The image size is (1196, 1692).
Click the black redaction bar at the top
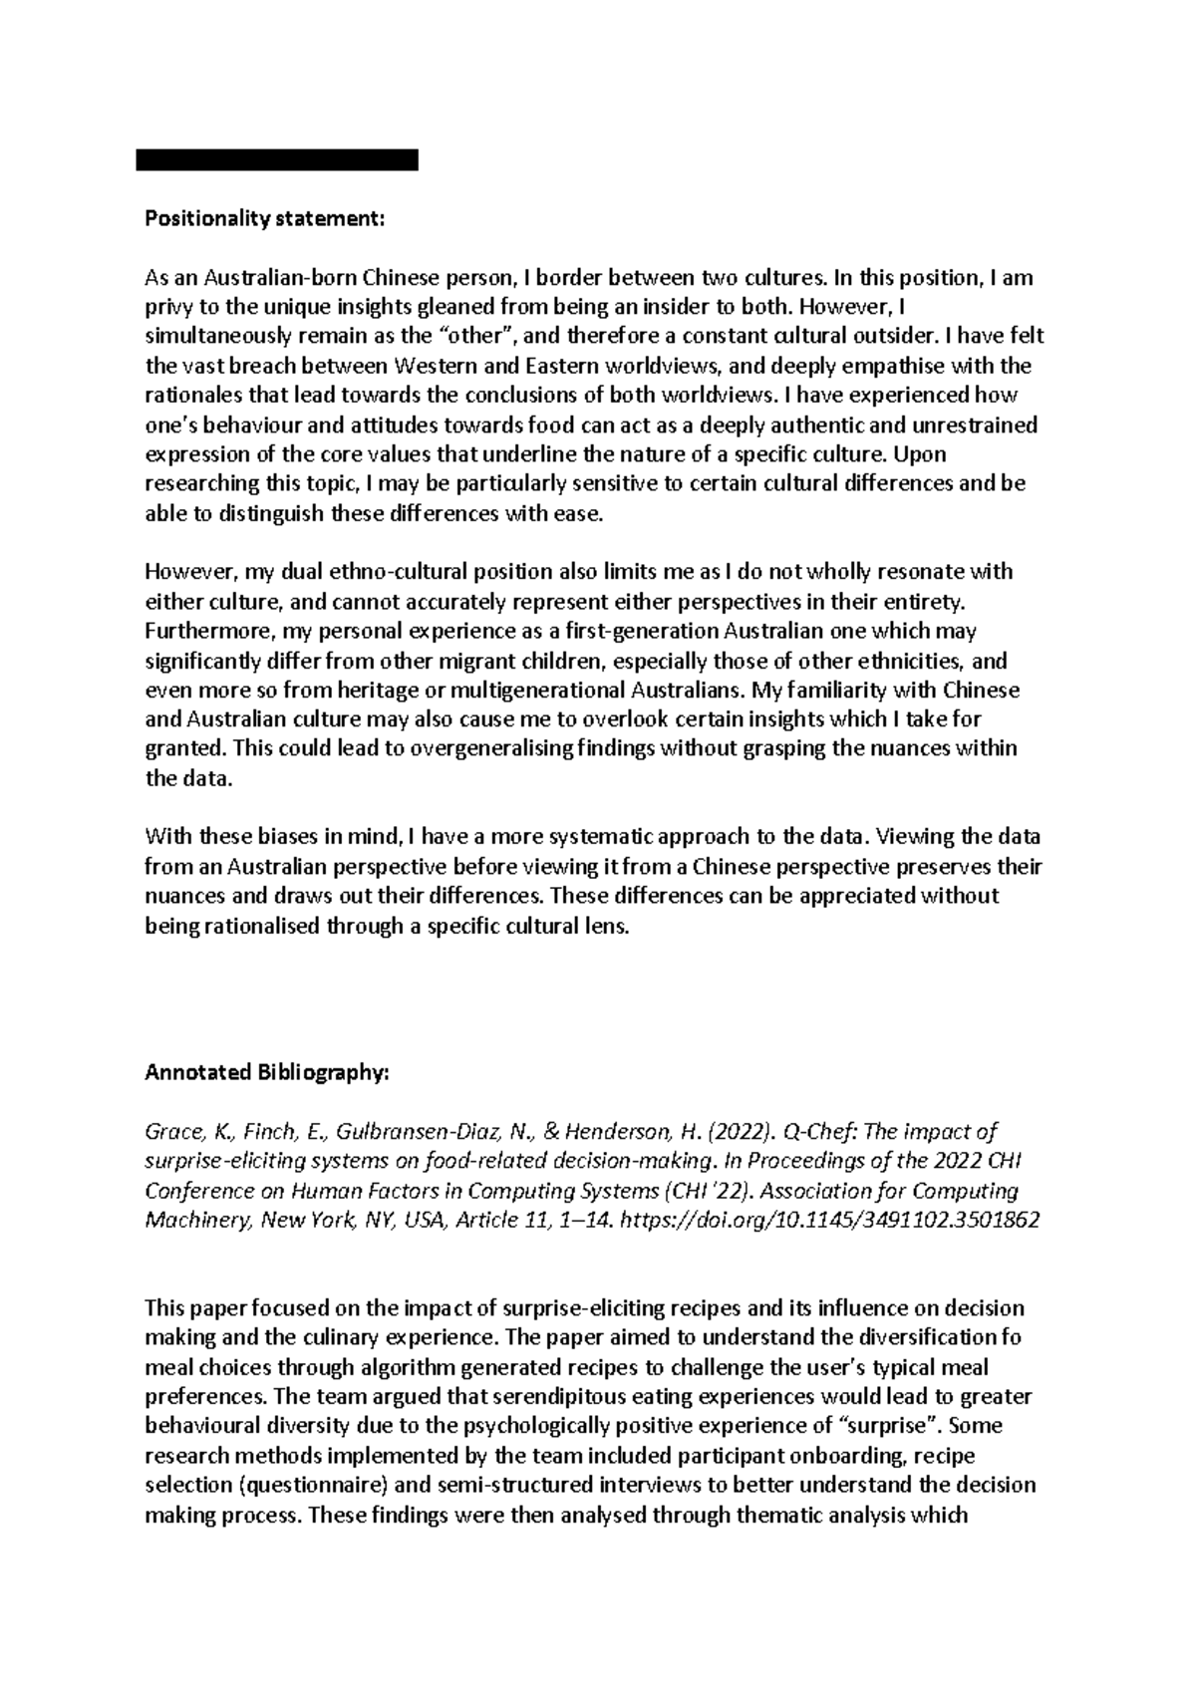click(x=277, y=160)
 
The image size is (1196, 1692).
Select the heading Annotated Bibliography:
click(x=268, y=1073)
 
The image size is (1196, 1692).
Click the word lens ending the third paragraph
click(x=610, y=926)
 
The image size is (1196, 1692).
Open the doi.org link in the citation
click(x=829, y=1221)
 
